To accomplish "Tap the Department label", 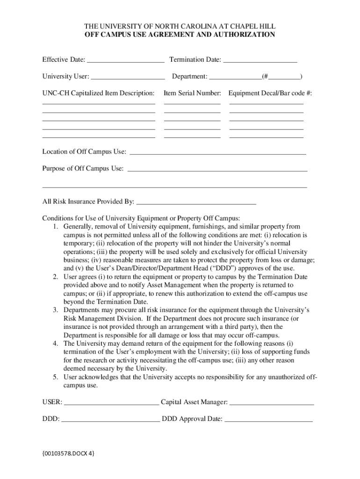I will pos(189,76).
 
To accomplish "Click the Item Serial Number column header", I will pos(192,93).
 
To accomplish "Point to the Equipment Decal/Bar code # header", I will pos(270,93).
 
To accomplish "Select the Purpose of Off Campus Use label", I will pos(83,168).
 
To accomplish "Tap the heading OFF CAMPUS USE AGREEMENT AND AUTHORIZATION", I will pos(180,35).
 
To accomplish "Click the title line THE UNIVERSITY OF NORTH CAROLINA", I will pos(180,26).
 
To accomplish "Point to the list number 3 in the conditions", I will pos(55,310).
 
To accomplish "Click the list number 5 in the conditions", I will pos(55,377).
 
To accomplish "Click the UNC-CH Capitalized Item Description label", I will pos(98,93).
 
